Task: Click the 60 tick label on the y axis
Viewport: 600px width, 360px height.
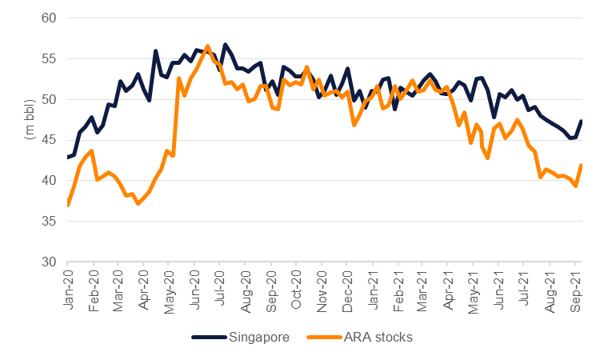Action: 49,18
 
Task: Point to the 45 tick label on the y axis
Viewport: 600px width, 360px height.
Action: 49,140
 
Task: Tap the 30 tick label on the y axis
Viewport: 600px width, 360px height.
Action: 49,262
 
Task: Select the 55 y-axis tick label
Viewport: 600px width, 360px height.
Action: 49,58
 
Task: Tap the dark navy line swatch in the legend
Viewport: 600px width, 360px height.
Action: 210,338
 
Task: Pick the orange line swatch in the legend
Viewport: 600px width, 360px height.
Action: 318,338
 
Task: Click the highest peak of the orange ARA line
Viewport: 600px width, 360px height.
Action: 208,46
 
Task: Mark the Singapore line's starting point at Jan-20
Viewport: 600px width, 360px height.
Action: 68,157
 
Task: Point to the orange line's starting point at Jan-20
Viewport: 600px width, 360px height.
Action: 68,206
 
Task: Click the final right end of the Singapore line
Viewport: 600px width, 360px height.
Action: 582,121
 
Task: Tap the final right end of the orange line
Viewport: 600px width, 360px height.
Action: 582,165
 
